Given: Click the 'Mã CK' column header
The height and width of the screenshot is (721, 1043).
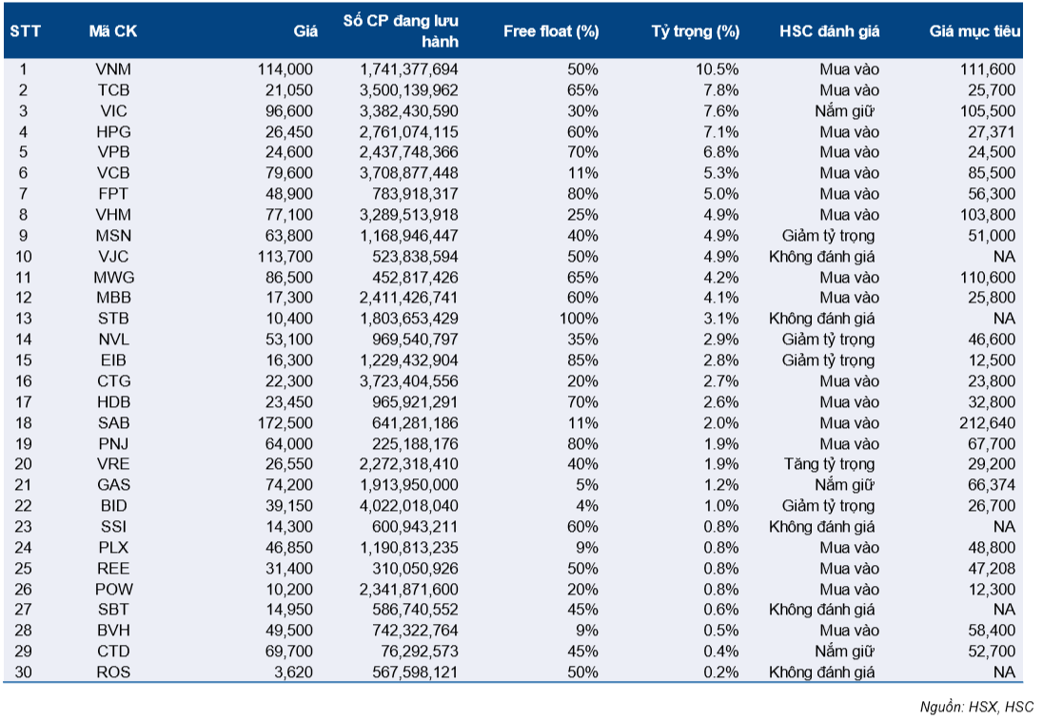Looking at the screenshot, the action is pos(113,31).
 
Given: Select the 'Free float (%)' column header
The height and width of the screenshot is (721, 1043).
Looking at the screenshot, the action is pos(551,31).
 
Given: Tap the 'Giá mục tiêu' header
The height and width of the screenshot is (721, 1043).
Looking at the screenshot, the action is pos(974,31).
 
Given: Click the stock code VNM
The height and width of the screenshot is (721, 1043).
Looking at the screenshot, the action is pos(113,69).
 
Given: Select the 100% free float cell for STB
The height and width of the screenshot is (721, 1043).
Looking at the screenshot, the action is pos(579,319).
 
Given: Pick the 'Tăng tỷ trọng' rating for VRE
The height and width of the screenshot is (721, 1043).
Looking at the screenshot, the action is pos(829,464).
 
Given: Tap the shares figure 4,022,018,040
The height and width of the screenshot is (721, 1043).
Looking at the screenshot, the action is pos(409,506).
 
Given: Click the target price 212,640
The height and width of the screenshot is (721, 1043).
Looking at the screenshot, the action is pos(988,423).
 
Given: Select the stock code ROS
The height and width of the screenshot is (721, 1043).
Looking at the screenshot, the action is pos(113,672).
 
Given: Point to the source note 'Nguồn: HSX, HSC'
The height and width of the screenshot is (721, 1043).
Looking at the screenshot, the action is pos(976,707).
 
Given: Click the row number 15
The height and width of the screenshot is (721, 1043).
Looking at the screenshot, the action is pos(23,360).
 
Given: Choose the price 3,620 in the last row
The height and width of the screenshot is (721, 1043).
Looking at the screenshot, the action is pos(293,672).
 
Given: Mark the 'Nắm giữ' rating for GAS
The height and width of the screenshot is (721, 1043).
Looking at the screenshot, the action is pos(845,485).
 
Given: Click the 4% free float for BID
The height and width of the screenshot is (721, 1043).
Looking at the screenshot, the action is pos(587,506).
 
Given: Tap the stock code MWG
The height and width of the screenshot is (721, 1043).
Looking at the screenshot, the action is pos(114,278).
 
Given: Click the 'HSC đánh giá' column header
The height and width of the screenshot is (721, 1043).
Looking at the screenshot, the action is pos(830,31).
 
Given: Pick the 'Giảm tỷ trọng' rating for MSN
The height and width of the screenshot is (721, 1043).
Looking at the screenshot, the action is pos(828,236).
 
